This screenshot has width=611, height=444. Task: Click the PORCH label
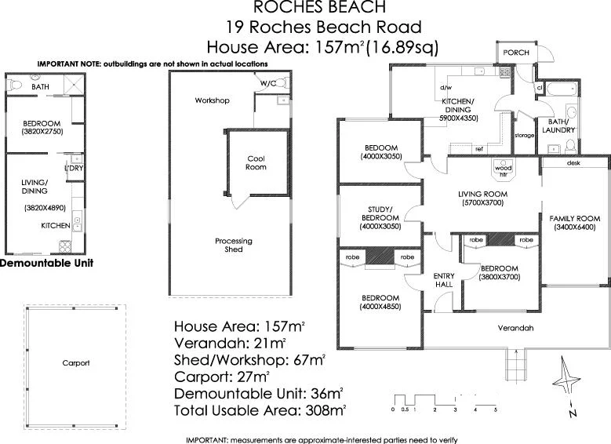pos(517,53)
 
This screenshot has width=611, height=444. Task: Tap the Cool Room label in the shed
pos(256,162)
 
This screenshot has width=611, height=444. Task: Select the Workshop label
pos(212,101)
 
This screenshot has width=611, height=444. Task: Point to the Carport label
pos(76,363)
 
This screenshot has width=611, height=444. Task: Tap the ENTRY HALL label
pos(445,280)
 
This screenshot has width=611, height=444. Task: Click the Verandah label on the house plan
pos(515,328)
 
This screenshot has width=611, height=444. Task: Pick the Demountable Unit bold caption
pos(47,264)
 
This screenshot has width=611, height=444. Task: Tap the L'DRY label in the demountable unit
pos(73,169)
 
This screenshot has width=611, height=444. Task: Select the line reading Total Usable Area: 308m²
pos(260,409)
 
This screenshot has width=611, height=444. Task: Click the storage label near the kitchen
pos(524,136)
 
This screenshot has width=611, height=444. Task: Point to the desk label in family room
pos(573,163)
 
